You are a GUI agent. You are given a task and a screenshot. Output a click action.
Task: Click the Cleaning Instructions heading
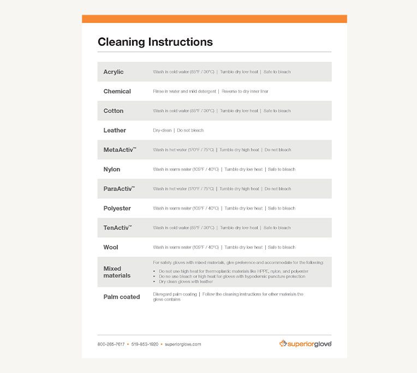point(155,42)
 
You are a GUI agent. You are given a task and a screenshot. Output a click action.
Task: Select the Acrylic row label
point(114,72)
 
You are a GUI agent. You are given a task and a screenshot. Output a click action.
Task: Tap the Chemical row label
point(117,91)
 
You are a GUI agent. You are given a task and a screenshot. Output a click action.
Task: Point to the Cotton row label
point(114,111)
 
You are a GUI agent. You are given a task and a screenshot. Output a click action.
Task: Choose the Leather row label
point(115,131)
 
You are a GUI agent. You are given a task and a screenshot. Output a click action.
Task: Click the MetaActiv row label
point(120,150)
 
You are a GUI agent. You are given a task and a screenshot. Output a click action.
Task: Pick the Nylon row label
point(112,169)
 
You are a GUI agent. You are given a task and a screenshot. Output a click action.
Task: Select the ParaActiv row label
point(119,189)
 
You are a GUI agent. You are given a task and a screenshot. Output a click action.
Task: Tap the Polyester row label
point(117,208)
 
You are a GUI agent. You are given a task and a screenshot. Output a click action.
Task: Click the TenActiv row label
point(117,228)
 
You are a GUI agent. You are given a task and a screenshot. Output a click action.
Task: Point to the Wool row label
point(111,247)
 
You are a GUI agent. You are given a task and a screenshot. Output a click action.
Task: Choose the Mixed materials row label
point(117,272)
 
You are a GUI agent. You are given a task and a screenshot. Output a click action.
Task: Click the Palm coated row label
point(122,297)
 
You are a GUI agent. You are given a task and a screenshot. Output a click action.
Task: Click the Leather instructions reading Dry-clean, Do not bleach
point(178,131)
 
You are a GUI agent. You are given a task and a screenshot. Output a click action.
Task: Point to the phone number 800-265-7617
point(111,344)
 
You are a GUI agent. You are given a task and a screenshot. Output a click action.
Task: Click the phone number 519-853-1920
point(145,344)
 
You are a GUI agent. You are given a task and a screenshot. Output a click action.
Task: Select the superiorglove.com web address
point(183,344)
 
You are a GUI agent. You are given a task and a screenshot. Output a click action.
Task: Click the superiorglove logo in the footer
point(305,344)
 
